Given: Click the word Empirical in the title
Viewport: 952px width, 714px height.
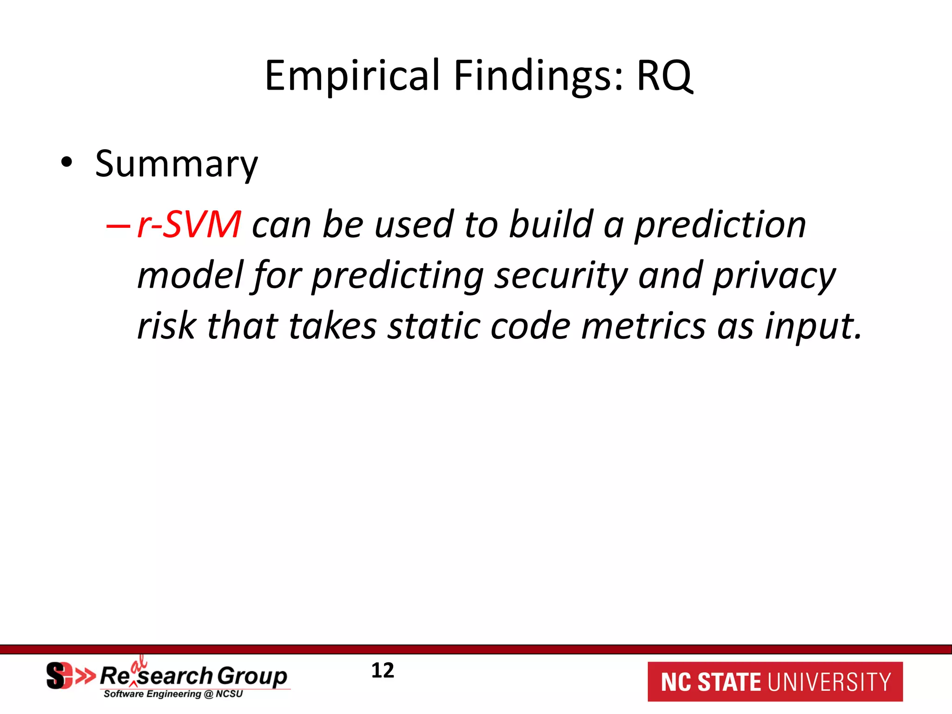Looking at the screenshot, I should pos(352,76).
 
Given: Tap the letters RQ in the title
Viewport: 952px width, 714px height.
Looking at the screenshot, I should pos(665,76).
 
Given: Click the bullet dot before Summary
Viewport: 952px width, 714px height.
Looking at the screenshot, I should pos(67,162).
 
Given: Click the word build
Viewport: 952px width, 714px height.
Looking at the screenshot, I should pos(551,225).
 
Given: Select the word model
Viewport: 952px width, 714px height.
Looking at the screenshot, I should pos(191,275).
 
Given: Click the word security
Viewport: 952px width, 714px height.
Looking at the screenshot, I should pos(561,276).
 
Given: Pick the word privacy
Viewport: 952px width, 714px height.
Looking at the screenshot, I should pos(774,276).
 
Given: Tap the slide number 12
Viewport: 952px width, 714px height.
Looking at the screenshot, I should pos(383,670).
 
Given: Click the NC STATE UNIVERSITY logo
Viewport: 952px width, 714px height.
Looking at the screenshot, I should pos(775,682).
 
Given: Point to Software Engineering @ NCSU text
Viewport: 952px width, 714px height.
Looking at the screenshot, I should pos(173,694).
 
